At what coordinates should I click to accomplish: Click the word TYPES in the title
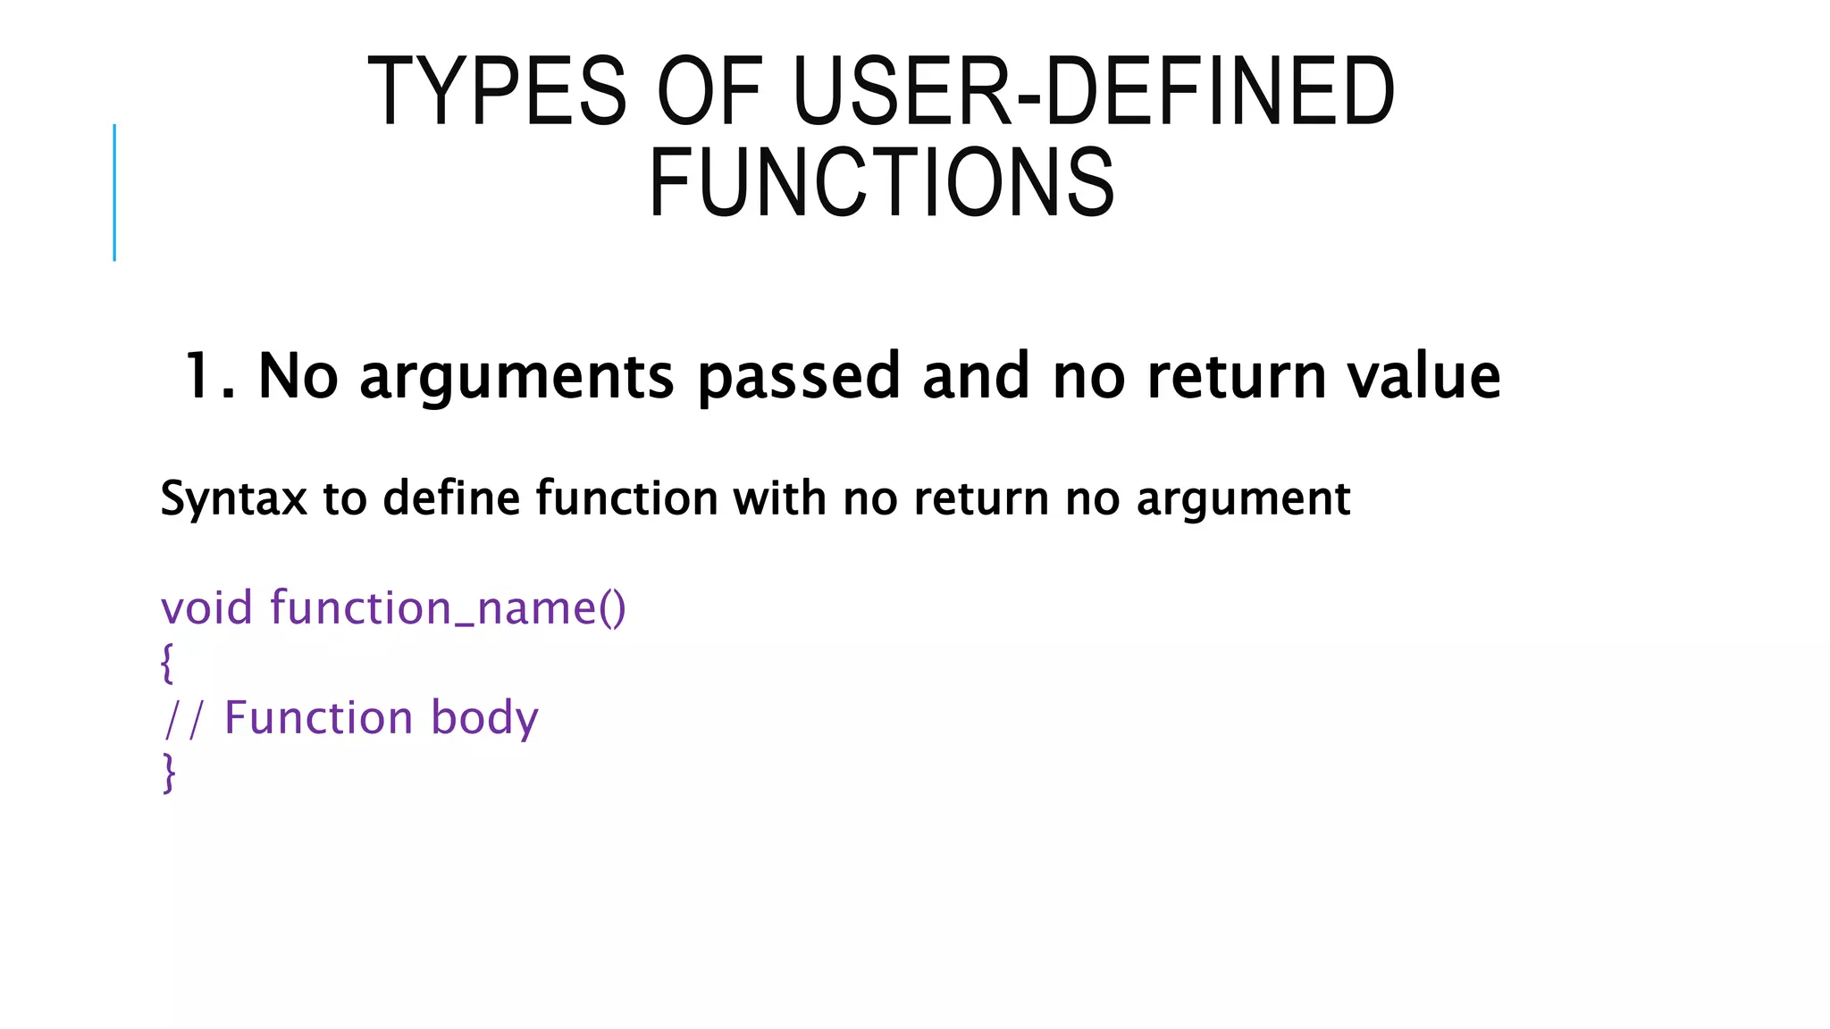pos(497,92)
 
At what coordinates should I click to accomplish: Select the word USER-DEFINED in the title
pos(1093,92)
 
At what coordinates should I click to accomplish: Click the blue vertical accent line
pos(114,192)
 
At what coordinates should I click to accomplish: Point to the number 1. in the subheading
pos(209,376)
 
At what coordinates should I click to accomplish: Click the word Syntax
pos(233,498)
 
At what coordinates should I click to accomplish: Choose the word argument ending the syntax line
pos(1243,498)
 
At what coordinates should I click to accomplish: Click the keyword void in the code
pos(206,608)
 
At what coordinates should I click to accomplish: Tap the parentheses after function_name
pos(612,609)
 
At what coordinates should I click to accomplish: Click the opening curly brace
pos(167,664)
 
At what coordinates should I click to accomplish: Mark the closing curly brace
pos(168,774)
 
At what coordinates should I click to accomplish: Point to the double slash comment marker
pos(184,719)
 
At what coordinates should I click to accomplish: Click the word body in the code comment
pos(484,719)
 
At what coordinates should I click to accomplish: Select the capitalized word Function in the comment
pos(318,718)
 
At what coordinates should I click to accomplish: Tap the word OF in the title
pos(709,92)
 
